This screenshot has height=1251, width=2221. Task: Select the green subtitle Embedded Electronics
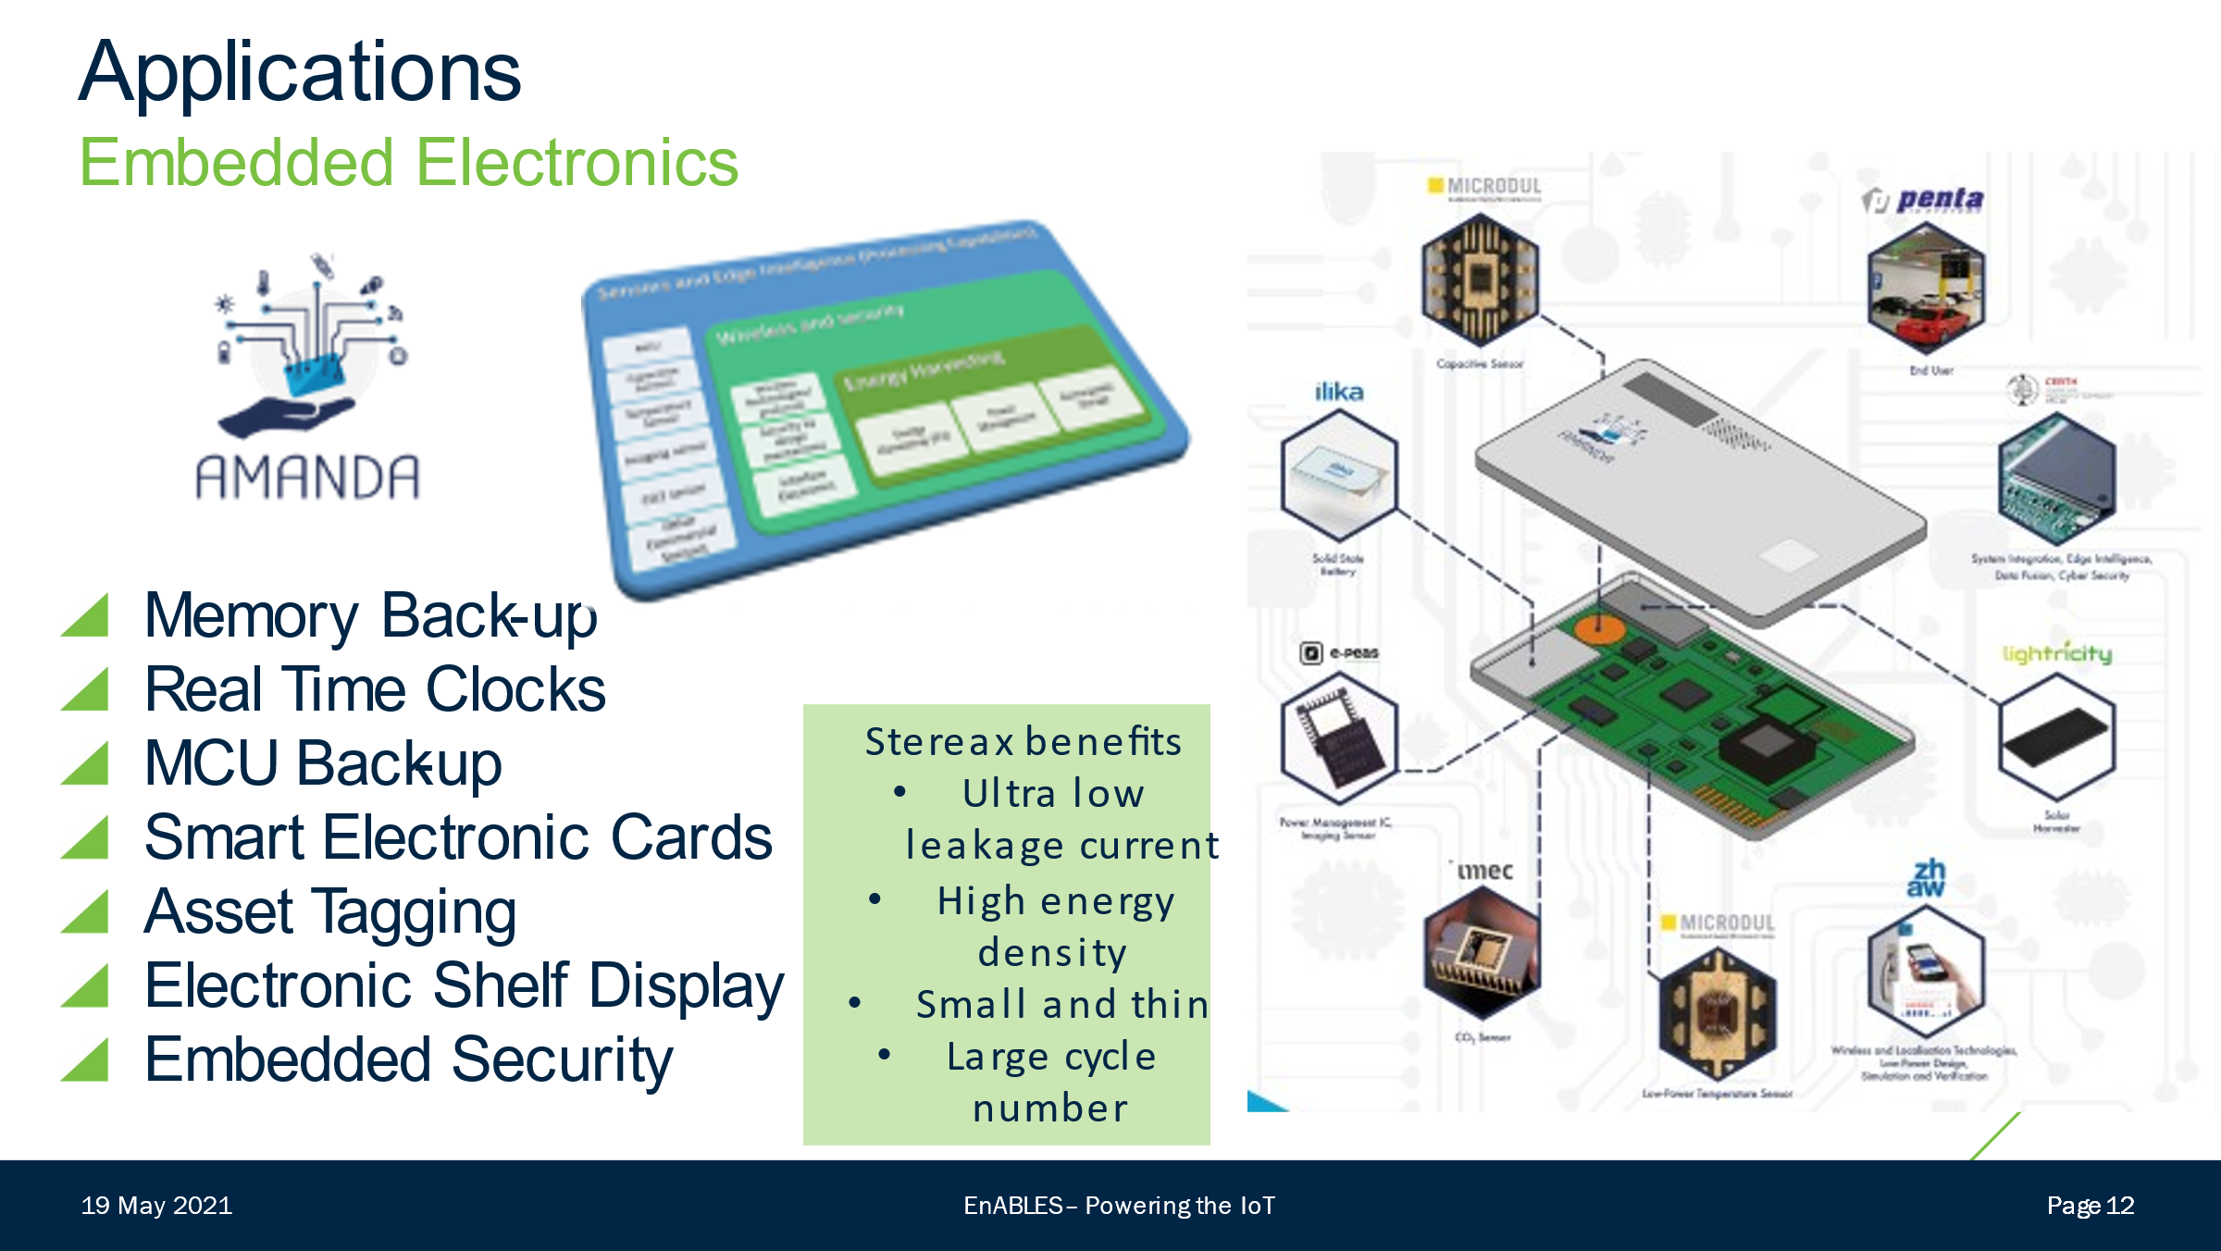click(408, 163)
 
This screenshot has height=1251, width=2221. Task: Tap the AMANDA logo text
click(307, 478)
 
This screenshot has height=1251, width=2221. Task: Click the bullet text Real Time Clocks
click(375, 689)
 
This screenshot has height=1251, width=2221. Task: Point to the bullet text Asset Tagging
click(330, 911)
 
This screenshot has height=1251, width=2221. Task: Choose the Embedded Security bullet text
click(408, 1059)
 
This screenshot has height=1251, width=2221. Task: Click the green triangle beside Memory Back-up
click(85, 615)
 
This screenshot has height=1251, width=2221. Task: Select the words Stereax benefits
click(1023, 741)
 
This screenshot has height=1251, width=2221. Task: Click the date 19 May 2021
click(156, 1206)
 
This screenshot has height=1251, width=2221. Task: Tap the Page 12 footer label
click(2090, 1206)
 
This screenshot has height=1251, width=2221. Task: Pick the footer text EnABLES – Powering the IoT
click(1119, 1206)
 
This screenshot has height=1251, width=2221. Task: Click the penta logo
click(1925, 200)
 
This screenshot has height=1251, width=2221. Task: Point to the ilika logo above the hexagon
click(1339, 392)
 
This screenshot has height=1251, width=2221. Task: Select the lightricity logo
click(2056, 653)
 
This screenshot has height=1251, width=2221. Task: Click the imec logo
click(1484, 871)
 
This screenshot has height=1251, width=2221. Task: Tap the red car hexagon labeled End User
click(1925, 289)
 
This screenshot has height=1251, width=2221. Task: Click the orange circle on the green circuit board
click(1599, 630)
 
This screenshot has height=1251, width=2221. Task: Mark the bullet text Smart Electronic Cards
click(458, 837)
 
